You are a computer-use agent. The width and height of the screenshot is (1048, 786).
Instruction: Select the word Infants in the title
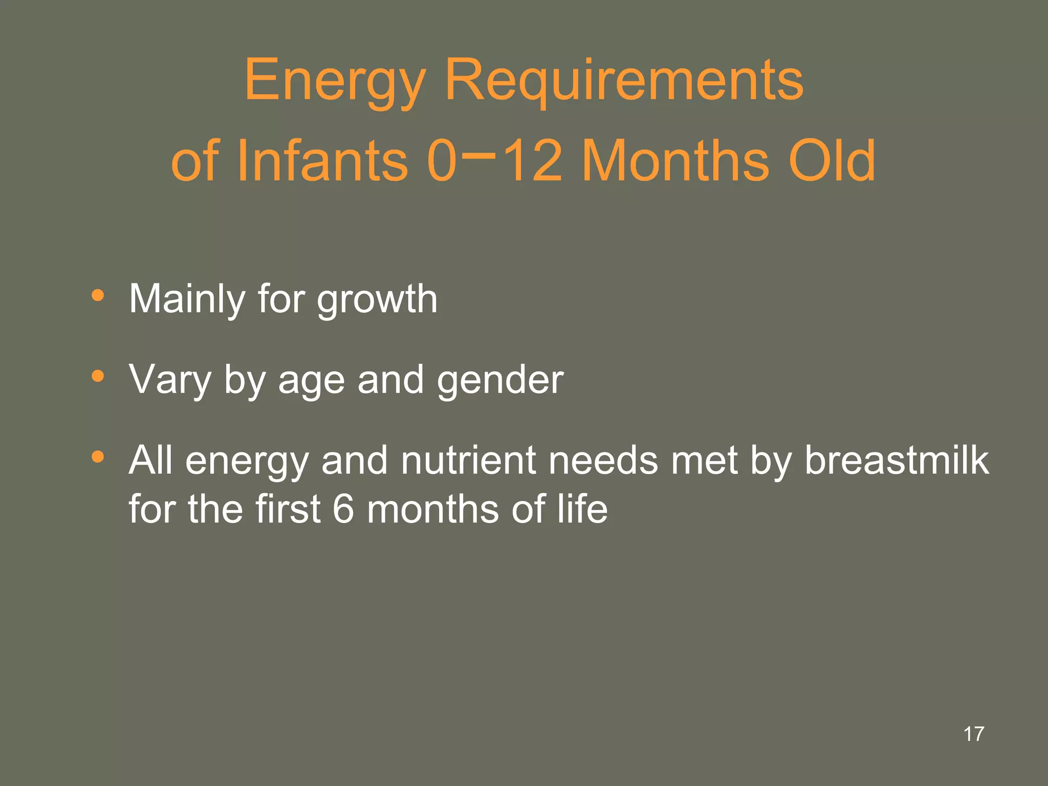click(322, 161)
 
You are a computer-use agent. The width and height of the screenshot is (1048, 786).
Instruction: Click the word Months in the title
click(675, 161)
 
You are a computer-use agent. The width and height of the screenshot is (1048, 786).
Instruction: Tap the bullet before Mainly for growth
click(98, 296)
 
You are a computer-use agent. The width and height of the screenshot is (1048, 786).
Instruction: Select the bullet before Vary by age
click(98, 377)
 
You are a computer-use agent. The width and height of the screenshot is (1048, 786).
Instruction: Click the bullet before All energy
click(98, 456)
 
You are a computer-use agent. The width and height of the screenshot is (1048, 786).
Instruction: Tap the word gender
click(500, 381)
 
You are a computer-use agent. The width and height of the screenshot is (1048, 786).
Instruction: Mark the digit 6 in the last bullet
click(343, 509)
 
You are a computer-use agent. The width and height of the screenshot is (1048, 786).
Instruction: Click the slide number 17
click(974, 734)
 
